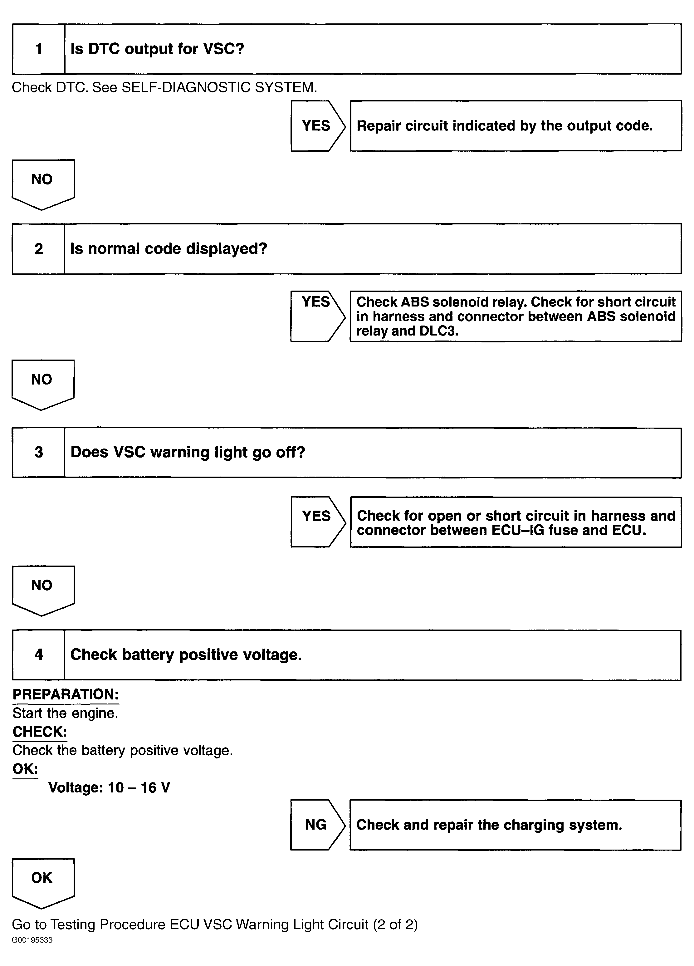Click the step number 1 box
pyautogui.click(x=39, y=49)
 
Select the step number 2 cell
pyautogui.click(x=39, y=249)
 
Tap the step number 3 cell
pyautogui.click(x=39, y=452)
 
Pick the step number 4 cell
pyautogui.click(x=39, y=655)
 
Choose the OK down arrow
pyautogui.click(x=42, y=882)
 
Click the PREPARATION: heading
pyautogui.click(x=66, y=694)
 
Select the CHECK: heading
pyautogui.click(x=40, y=732)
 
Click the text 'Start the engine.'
pyautogui.click(x=65, y=713)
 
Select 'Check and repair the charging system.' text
pyautogui.click(x=489, y=825)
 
